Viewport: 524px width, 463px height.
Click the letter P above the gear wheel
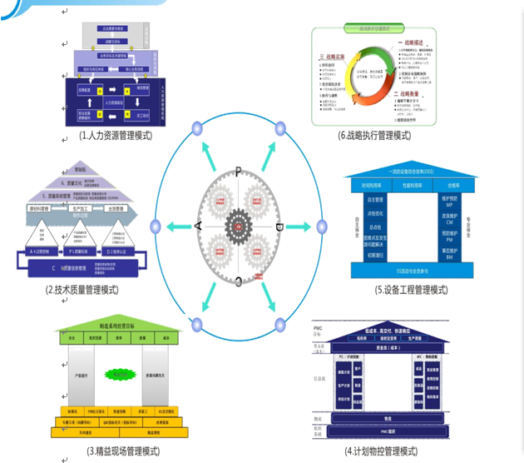(239, 171)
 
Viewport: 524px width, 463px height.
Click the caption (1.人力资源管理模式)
(115, 135)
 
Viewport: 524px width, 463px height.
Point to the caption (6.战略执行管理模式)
(374, 135)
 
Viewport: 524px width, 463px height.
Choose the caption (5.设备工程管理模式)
(411, 290)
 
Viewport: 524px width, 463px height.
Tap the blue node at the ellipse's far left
(155, 227)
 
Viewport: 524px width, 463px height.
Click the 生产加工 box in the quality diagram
(81, 209)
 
